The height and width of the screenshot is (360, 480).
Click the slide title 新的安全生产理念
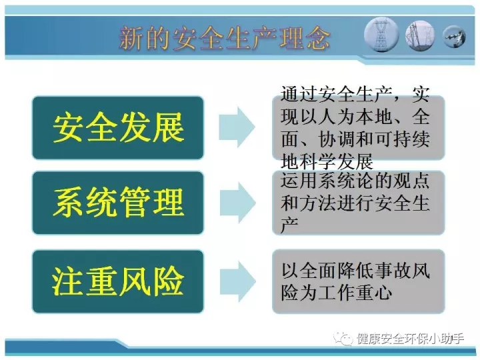[x=225, y=38]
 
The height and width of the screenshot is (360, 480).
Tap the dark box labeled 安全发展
[x=118, y=127]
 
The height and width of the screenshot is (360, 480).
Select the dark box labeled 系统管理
[x=118, y=203]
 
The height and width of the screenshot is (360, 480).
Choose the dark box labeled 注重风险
[x=118, y=281]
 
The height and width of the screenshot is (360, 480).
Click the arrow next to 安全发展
[x=237, y=127]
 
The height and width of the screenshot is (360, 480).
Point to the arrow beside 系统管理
[x=237, y=203]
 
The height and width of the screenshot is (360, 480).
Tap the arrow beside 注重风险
[x=237, y=281]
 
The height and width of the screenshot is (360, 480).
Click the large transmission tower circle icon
[x=381, y=34]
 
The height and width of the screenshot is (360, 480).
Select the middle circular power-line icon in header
[x=420, y=35]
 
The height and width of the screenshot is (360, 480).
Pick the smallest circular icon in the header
[x=454, y=37]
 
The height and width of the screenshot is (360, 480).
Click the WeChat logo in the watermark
[x=343, y=339]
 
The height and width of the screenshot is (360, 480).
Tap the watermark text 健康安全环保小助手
[x=410, y=339]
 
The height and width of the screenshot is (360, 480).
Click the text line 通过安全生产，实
[x=355, y=94]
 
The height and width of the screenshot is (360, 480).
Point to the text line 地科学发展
[x=327, y=161]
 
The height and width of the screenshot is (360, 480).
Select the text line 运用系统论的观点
[x=355, y=180]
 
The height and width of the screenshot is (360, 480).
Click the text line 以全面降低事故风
[x=356, y=270]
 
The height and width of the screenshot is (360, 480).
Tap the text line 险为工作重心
[x=337, y=293]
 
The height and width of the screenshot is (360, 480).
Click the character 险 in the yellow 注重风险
[x=169, y=281]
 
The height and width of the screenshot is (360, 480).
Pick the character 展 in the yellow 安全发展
[x=169, y=127]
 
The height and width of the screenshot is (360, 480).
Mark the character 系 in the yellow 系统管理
[x=68, y=203]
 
